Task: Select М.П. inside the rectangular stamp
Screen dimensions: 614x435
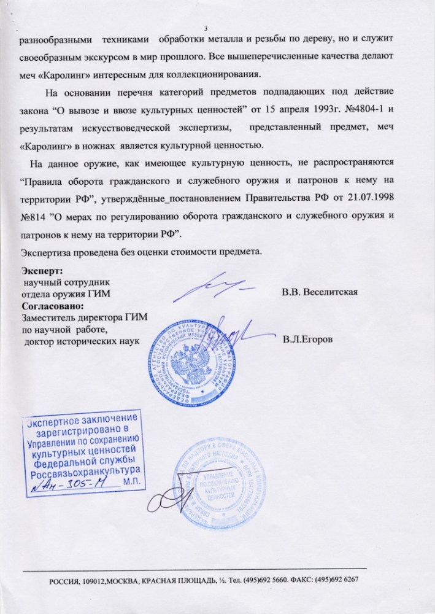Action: click(131, 483)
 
